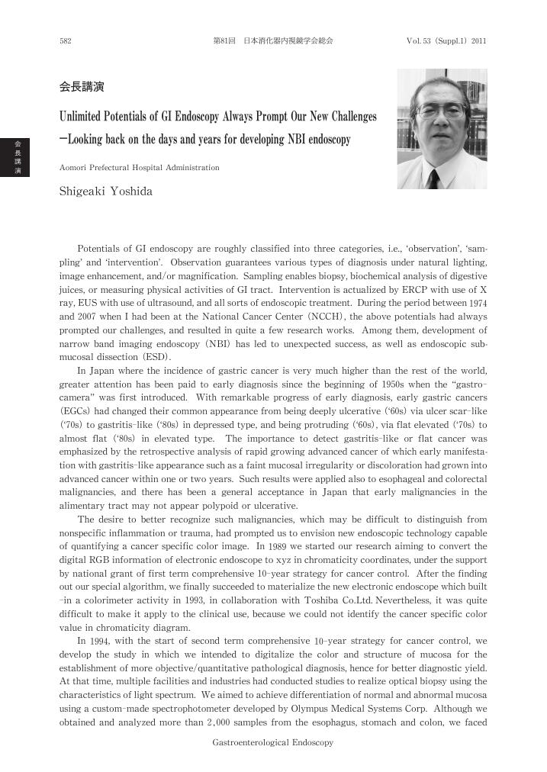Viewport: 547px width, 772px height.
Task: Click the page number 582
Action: (x=66, y=40)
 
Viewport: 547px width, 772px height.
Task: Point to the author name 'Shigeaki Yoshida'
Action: (x=106, y=191)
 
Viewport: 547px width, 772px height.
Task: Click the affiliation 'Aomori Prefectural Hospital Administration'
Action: (x=139, y=167)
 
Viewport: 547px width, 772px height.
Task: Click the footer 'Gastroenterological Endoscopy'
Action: (x=272, y=742)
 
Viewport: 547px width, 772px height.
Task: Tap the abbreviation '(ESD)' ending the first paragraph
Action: (x=156, y=356)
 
